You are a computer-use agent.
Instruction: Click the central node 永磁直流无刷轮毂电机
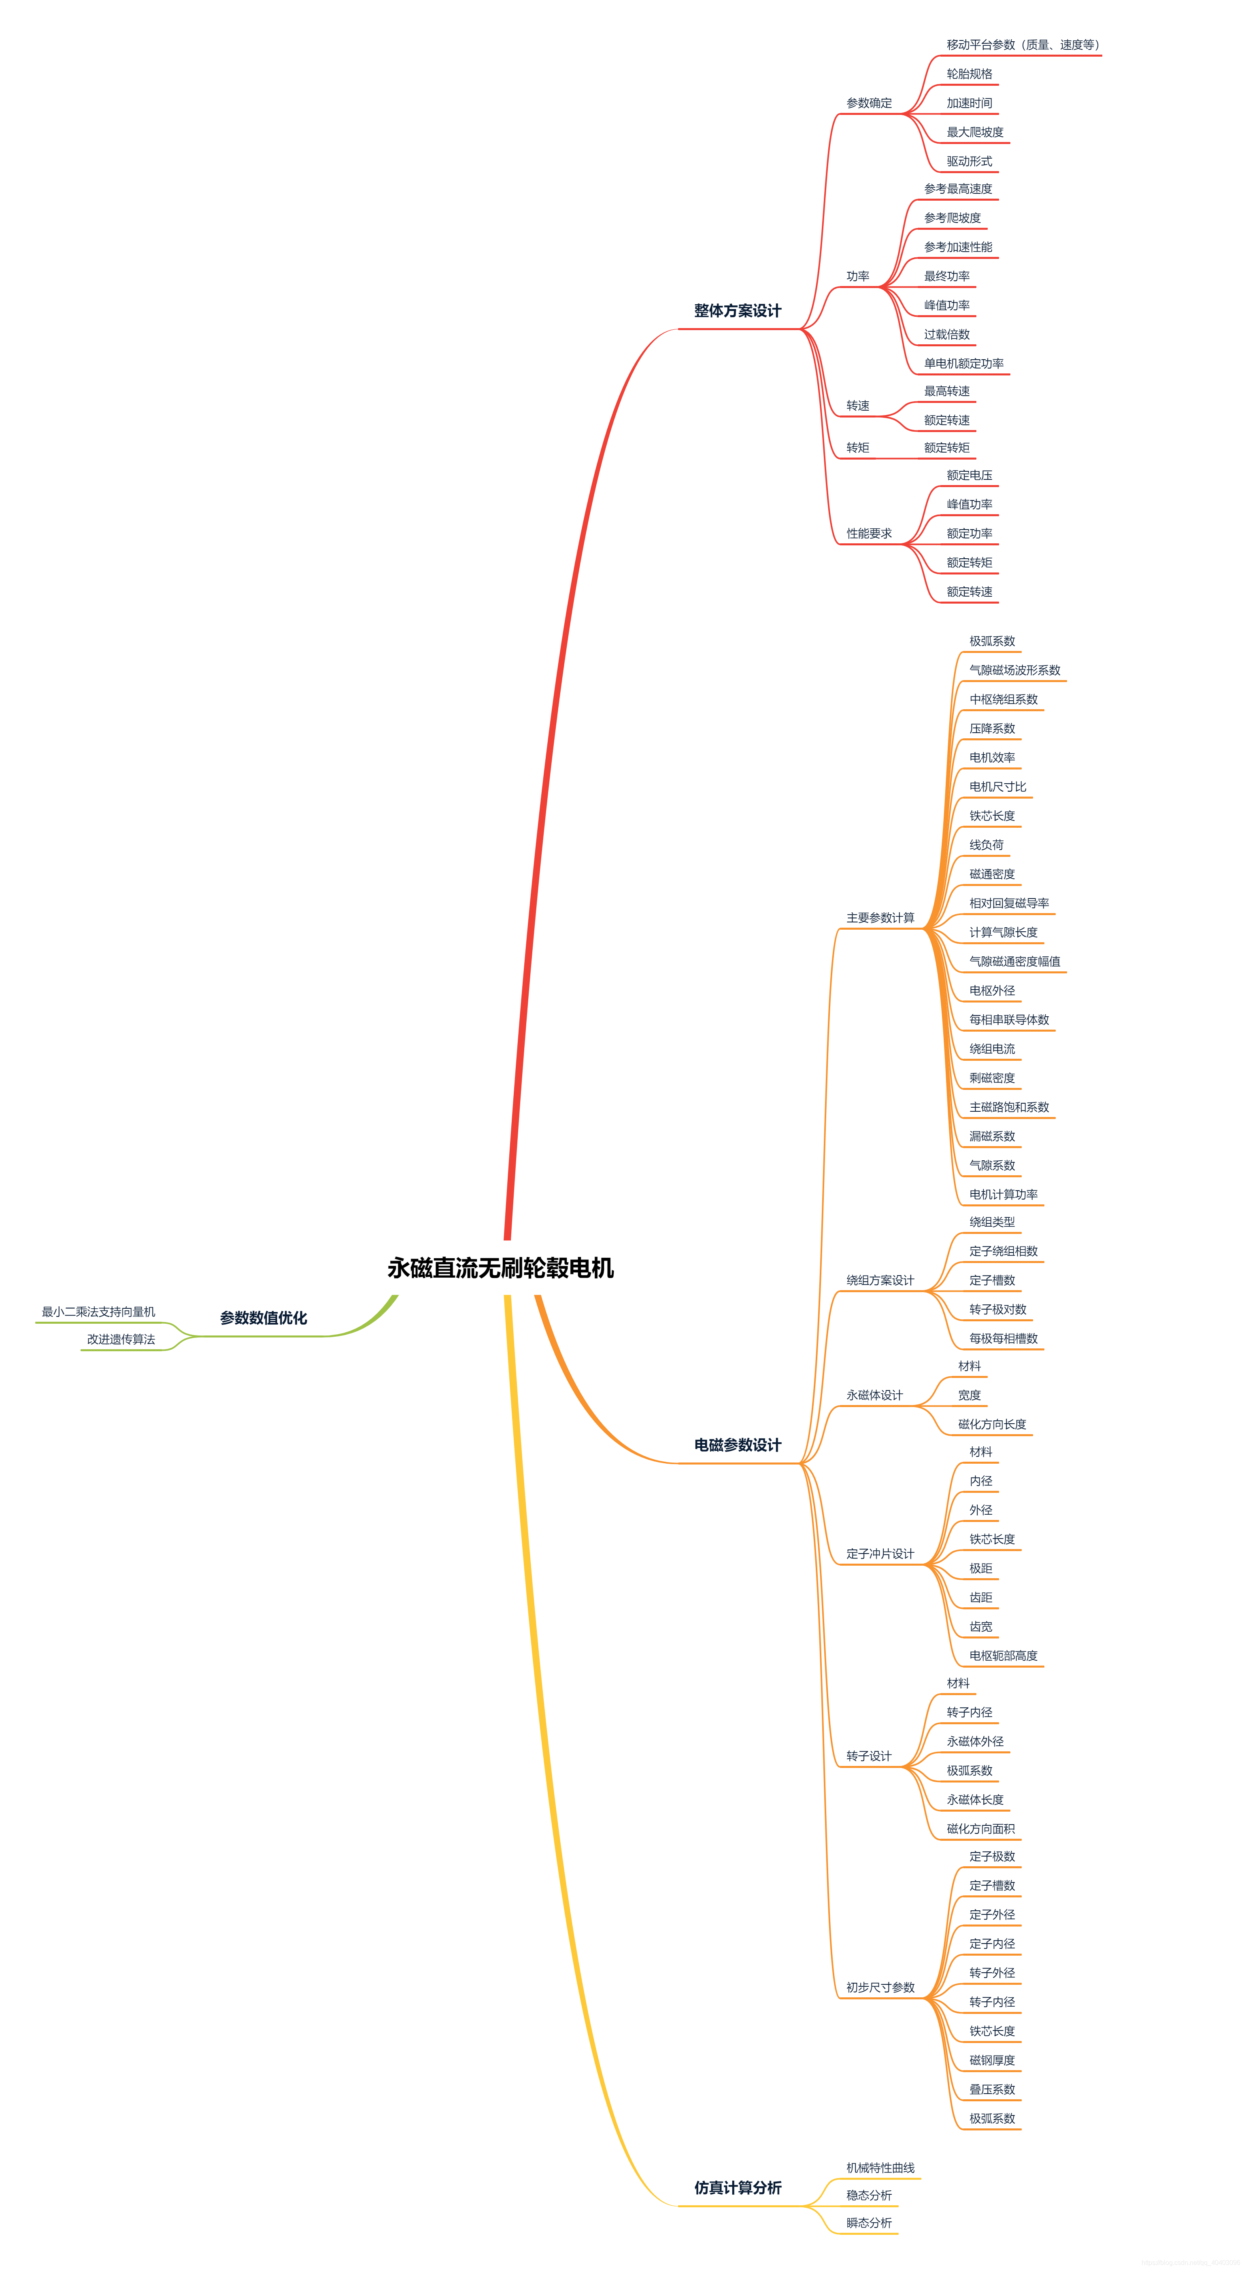500,1268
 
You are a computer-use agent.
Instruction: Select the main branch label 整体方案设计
737,311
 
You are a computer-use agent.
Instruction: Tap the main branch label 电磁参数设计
737,1445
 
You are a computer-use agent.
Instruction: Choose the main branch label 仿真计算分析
737,2188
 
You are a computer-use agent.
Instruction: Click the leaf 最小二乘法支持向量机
99,1312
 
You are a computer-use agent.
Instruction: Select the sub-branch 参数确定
868,103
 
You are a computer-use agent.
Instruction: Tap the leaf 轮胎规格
969,74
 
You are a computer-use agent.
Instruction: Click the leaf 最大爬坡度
974,132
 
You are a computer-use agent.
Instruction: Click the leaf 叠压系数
992,2089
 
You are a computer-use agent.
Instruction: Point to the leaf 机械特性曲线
880,2168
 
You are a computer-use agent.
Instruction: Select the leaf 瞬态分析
868,2223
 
